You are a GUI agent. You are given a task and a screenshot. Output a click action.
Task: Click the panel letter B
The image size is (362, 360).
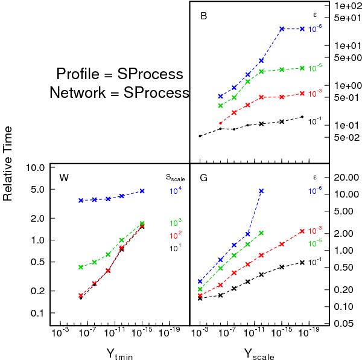(204, 16)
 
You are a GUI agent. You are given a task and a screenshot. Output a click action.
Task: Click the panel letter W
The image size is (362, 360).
(64, 178)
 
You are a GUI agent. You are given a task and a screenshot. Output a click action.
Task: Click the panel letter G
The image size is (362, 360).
(204, 178)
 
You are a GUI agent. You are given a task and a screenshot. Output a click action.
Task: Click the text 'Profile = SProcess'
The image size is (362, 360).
(119, 74)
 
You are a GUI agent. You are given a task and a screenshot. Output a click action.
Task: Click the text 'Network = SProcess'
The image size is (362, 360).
(119, 92)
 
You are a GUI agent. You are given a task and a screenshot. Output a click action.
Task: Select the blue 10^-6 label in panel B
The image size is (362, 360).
(314, 28)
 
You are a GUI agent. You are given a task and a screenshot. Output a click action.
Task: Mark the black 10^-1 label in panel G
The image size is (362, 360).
(314, 262)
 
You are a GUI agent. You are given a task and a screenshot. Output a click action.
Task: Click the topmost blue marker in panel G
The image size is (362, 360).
(261, 191)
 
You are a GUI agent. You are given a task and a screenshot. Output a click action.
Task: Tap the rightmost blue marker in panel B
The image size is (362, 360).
(302, 29)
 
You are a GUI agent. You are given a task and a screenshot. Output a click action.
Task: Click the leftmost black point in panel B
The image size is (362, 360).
(200, 136)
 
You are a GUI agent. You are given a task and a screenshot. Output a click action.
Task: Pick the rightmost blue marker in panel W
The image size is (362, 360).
(142, 191)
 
